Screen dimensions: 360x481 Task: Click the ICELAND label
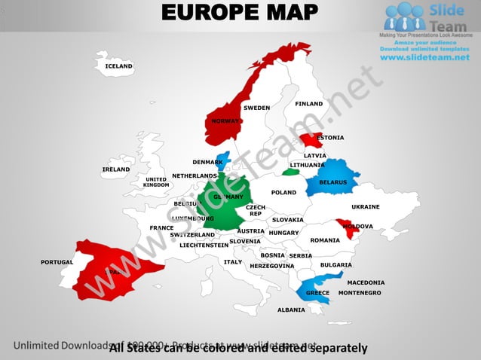coord(119,66)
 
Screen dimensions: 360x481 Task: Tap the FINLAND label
coord(309,104)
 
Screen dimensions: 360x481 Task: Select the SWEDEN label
coord(256,108)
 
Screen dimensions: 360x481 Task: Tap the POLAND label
coord(284,193)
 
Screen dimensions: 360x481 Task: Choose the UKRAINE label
coord(366,206)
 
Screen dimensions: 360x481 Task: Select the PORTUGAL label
coord(57,262)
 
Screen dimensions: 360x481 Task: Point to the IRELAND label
coord(116,169)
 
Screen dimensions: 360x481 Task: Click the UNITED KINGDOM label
coord(157,182)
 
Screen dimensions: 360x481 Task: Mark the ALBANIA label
coord(291,310)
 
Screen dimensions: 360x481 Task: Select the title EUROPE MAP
coord(240,14)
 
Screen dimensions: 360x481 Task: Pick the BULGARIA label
coord(335,265)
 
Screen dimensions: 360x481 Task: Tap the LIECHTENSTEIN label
coord(204,246)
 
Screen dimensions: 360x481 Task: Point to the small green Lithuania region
coord(290,172)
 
